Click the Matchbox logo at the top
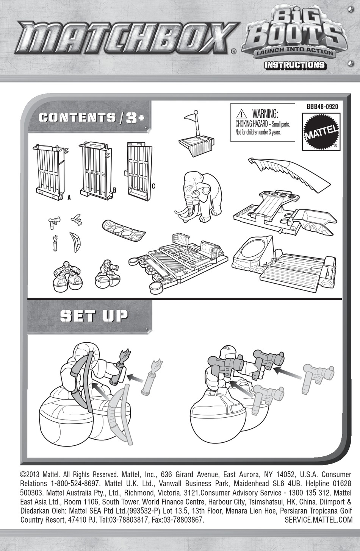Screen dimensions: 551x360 125,38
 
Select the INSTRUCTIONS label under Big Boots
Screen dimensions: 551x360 294,65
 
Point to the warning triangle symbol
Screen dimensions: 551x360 241,113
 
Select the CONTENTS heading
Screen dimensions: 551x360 77,117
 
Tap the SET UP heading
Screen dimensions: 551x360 94,316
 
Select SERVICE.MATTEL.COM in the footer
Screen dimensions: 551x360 318,520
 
